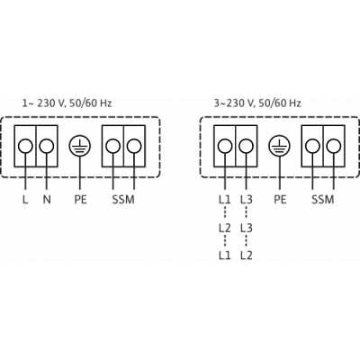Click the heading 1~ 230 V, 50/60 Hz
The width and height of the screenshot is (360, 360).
(67, 103)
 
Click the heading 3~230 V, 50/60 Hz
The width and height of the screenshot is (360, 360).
(257, 103)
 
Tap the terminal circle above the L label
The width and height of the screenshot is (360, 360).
(25, 146)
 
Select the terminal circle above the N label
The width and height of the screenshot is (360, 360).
(47, 146)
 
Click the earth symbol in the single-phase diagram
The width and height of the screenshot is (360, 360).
(79, 147)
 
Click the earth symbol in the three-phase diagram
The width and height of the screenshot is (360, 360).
(279, 147)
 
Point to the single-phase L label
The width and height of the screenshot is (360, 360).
(25, 200)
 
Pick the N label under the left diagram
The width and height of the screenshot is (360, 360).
(47, 200)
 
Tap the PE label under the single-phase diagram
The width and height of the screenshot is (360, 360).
(80, 200)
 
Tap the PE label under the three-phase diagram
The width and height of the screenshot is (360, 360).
(280, 200)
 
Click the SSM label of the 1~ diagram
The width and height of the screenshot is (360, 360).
(123, 200)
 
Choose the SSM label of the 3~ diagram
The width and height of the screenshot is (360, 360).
(323, 200)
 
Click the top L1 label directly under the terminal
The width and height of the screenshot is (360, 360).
(225, 200)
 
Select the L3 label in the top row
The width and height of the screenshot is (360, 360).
(247, 200)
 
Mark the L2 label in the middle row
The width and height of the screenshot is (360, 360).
(225, 228)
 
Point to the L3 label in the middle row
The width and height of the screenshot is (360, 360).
(247, 228)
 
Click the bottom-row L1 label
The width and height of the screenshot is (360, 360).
(225, 256)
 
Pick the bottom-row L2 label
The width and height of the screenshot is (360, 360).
(247, 256)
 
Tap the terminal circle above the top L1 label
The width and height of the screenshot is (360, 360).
(225, 146)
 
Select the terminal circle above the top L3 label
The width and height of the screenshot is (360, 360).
(246, 146)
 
